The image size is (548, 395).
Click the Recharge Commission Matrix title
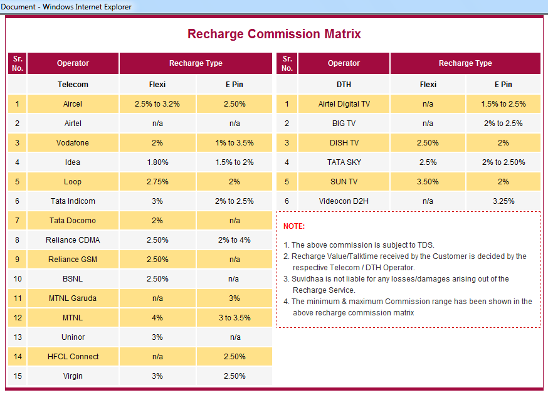(x=274, y=34)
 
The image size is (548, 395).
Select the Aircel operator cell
(x=73, y=104)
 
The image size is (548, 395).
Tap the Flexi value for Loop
(x=157, y=182)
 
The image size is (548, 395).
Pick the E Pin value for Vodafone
(x=234, y=143)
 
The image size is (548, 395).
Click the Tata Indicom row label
(x=73, y=201)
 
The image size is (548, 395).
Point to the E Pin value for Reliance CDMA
(x=234, y=240)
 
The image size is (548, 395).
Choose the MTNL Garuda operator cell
(x=73, y=298)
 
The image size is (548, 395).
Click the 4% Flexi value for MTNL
(x=157, y=318)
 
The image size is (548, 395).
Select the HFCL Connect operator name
(x=73, y=357)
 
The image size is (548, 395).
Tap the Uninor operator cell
(x=73, y=337)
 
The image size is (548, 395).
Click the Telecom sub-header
(x=73, y=85)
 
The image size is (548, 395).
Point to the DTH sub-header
(x=344, y=85)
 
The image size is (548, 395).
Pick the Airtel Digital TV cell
(x=344, y=104)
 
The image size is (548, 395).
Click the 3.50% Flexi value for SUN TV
(x=428, y=182)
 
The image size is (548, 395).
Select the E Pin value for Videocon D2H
(x=503, y=201)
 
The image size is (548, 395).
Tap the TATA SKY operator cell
(x=344, y=162)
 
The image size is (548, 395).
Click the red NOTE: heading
(x=294, y=226)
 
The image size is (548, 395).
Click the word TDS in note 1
(x=425, y=245)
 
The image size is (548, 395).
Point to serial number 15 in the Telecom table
(x=18, y=376)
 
